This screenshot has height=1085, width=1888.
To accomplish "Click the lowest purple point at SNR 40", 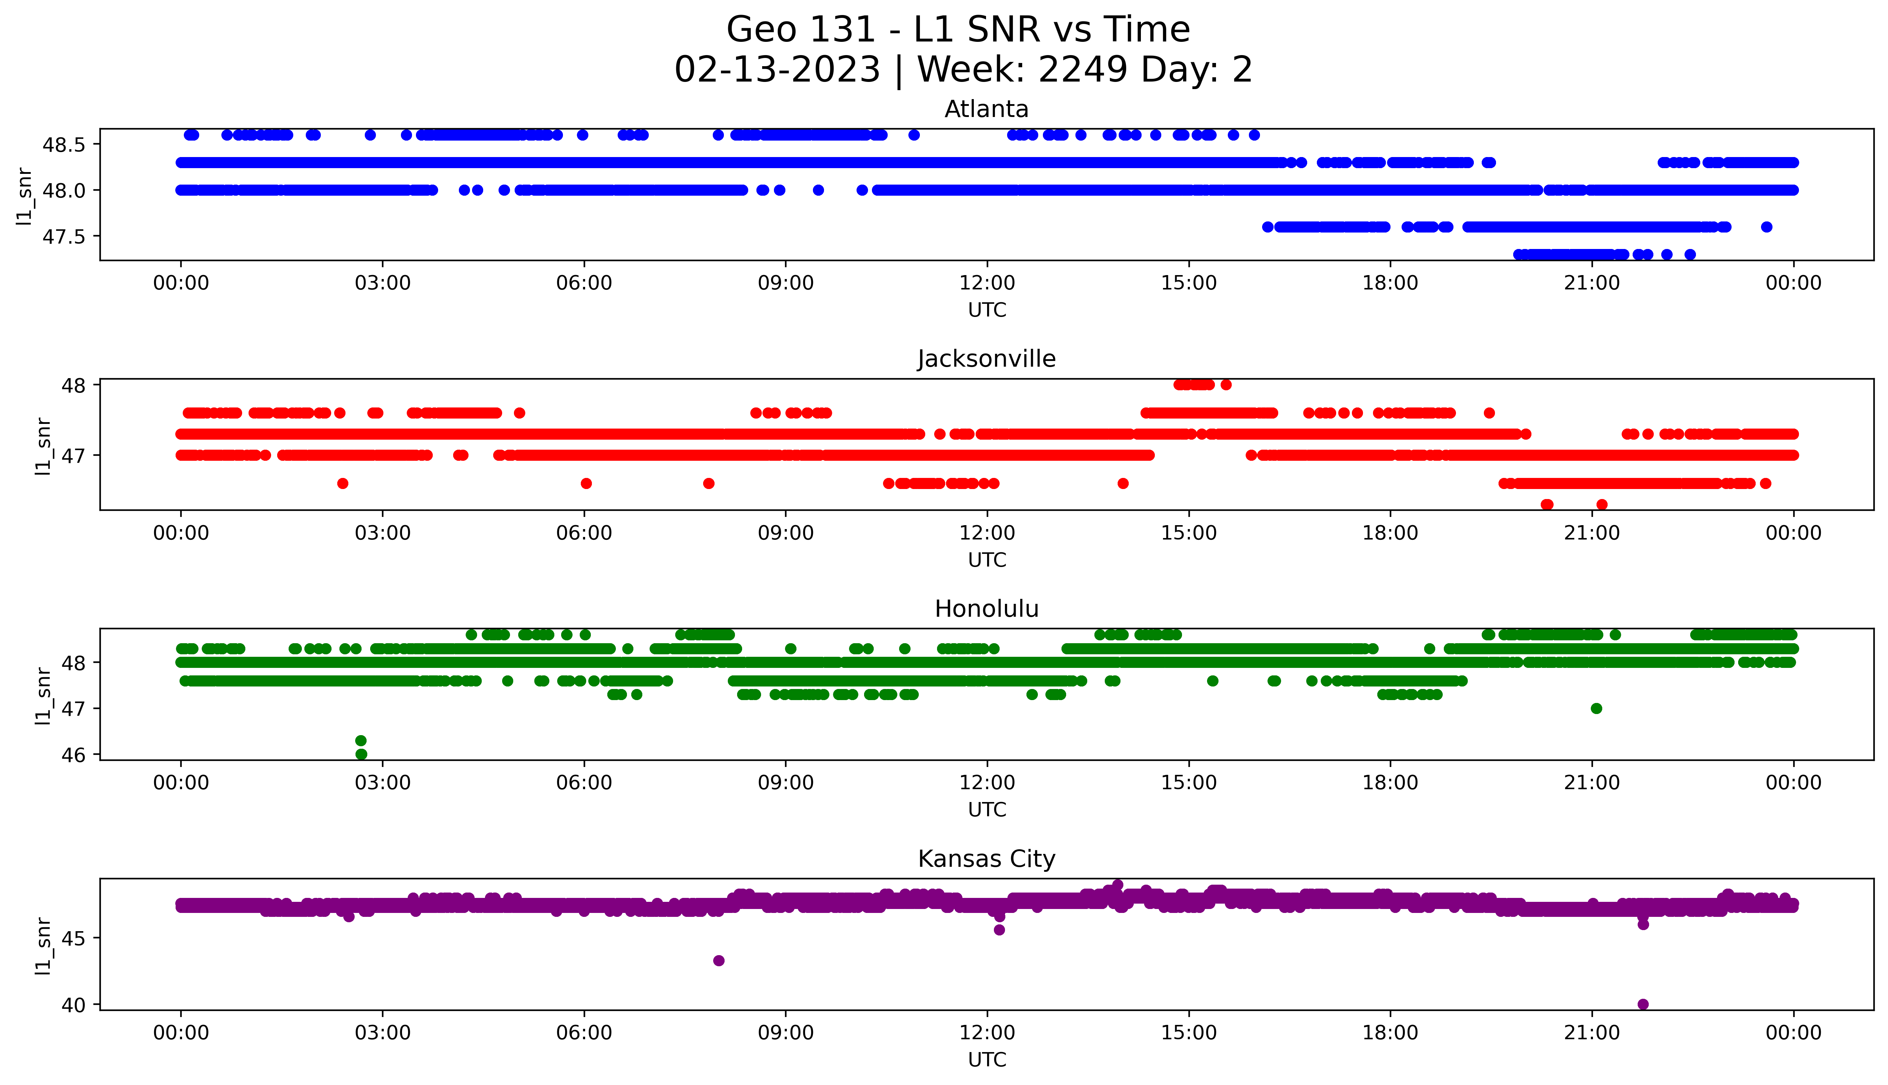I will pos(1643,1004).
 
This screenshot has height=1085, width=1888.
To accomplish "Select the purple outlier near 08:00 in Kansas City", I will pos(719,961).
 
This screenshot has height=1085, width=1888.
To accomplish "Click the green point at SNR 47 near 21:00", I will pos(1596,708).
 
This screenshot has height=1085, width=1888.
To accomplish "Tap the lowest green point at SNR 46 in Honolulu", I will pos(361,754).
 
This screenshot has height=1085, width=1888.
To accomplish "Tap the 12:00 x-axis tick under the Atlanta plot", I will pos(987,283).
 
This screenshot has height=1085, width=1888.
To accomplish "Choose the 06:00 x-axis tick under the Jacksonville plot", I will pos(584,533).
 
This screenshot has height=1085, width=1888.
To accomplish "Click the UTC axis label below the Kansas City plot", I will pos(987,1059).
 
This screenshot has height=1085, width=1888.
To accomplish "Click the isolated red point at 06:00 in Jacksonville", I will pos(586,484).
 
